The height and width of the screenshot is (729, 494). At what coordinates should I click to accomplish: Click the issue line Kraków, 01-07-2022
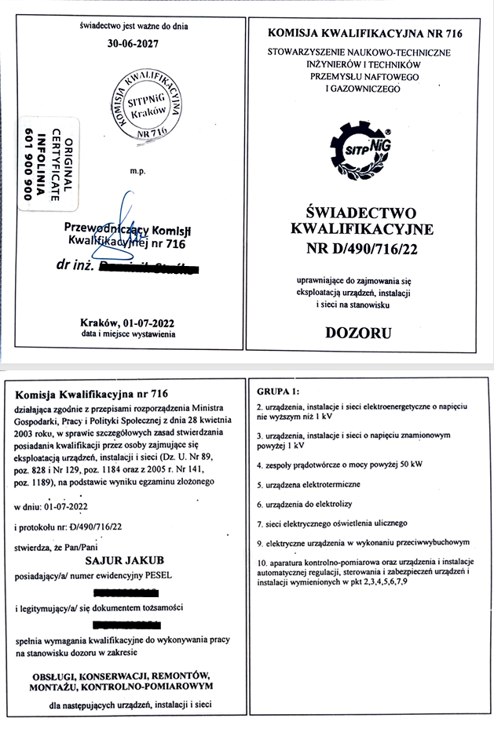128,323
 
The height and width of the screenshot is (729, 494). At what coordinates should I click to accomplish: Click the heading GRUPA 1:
280,391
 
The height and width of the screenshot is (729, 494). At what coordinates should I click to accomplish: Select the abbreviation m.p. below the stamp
136,169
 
